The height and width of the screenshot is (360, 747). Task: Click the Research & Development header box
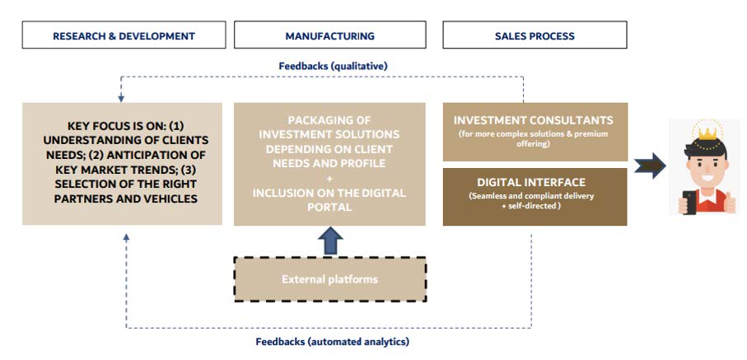(124, 35)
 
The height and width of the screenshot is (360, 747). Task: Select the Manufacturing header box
(329, 35)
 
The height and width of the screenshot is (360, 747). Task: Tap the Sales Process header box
(535, 35)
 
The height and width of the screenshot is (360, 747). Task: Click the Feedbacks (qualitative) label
(333, 66)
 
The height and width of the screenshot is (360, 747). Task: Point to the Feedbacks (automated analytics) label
(333, 341)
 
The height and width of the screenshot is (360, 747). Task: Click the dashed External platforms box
(329, 279)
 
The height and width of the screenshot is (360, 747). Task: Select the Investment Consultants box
(535, 132)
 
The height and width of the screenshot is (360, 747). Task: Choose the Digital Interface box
(535, 196)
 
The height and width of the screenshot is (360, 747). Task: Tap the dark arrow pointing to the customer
(651, 166)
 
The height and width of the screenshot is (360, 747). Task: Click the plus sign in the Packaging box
(329, 179)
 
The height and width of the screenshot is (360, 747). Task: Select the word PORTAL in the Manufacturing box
(329, 208)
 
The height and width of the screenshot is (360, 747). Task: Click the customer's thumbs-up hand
(729, 203)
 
